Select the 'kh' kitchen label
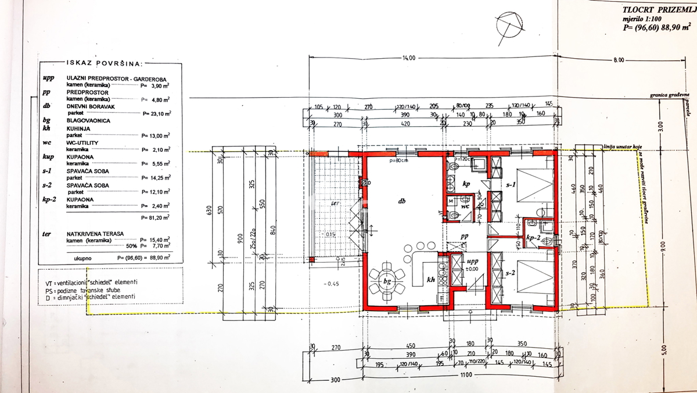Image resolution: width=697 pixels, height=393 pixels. [430, 280]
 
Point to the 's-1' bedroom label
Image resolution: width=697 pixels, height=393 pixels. [510, 184]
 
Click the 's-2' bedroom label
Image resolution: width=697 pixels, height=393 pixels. [510, 273]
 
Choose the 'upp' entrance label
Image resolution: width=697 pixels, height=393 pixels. [472, 262]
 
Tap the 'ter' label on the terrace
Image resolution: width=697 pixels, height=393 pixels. [335, 203]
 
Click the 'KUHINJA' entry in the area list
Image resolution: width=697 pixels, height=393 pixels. [78, 128]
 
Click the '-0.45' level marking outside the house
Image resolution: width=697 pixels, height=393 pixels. [333, 284]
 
